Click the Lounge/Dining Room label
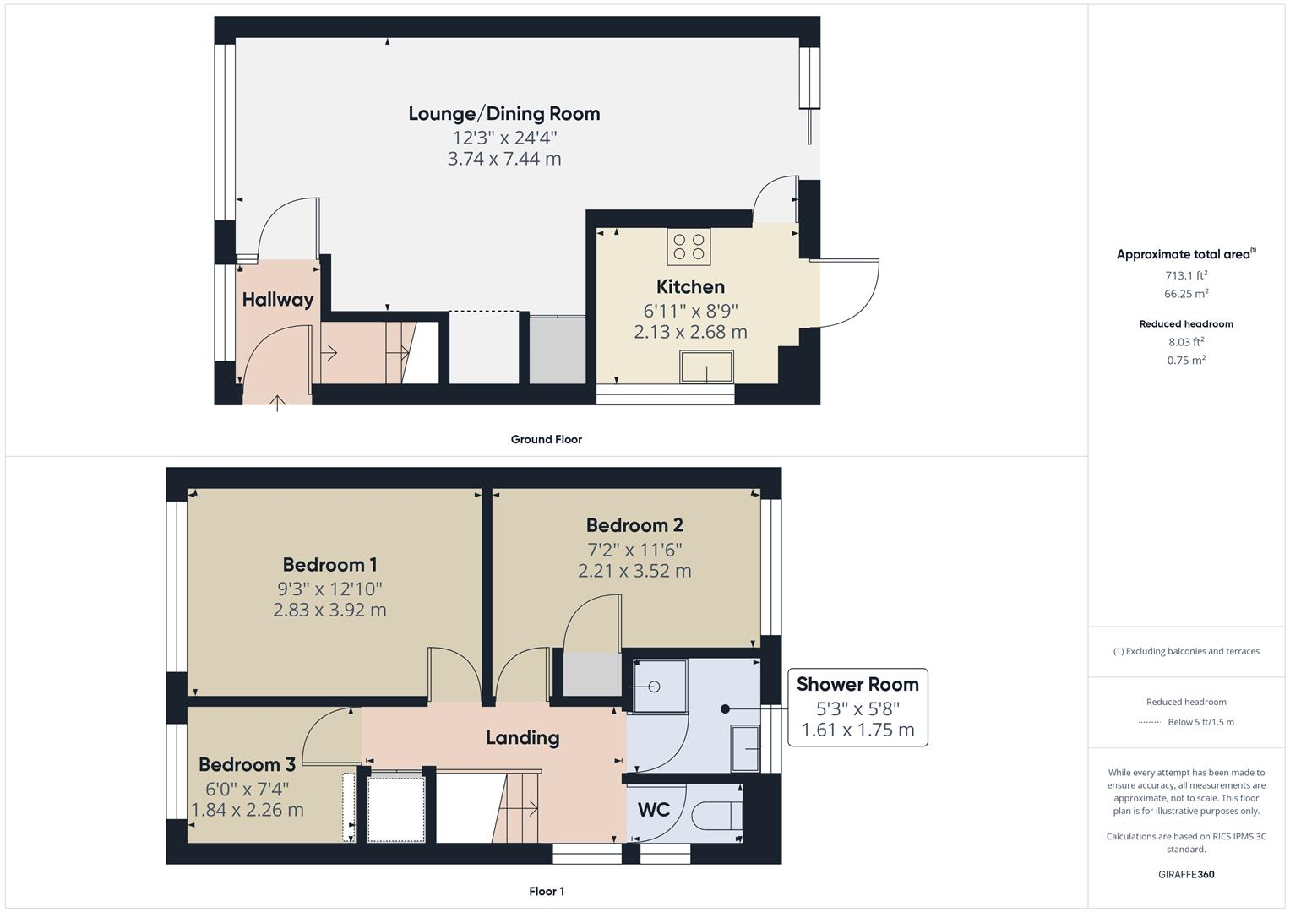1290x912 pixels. click(x=503, y=113)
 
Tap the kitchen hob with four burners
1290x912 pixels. click(x=689, y=246)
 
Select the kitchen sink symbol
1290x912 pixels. click(x=706, y=367)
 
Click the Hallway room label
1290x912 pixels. click(x=277, y=299)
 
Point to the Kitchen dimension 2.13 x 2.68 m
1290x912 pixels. click(x=690, y=332)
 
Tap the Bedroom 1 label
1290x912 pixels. click(x=329, y=564)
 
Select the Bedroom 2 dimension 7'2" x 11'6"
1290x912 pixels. click(x=634, y=549)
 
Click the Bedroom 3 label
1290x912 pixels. click(x=247, y=764)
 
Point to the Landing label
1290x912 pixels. click(x=522, y=737)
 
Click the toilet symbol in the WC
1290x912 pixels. click(x=716, y=816)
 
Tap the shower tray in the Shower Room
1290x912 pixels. click(x=659, y=687)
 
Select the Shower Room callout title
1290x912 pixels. click(x=857, y=684)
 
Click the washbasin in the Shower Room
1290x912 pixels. click(x=745, y=747)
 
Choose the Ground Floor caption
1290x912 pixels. click(x=546, y=439)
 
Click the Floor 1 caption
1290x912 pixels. click(x=546, y=891)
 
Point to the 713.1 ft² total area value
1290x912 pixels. click(x=1185, y=275)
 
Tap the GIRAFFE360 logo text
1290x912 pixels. click(x=1185, y=874)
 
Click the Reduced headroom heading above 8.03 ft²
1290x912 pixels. click(x=1185, y=323)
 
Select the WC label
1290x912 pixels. click(x=653, y=810)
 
